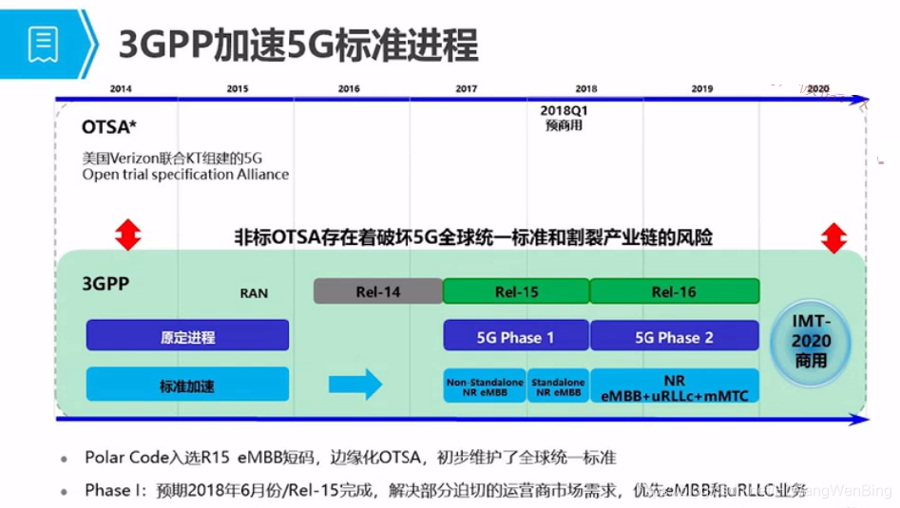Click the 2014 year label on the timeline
tap(121, 89)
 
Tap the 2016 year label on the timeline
tap(349, 89)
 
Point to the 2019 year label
tap(702, 89)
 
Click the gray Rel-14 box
tap(378, 292)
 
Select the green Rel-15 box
tap(516, 292)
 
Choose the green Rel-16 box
tap(674, 292)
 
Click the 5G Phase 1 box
tap(515, 337)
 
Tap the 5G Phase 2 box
tap(674, 337)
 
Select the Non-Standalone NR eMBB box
tap(485, 386)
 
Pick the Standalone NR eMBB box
tap(558, 386)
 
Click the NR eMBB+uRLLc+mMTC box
tap(674, 386)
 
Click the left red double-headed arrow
tap(127, 234)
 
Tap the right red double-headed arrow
tap(833, 237)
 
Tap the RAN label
tap(254, 293)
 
